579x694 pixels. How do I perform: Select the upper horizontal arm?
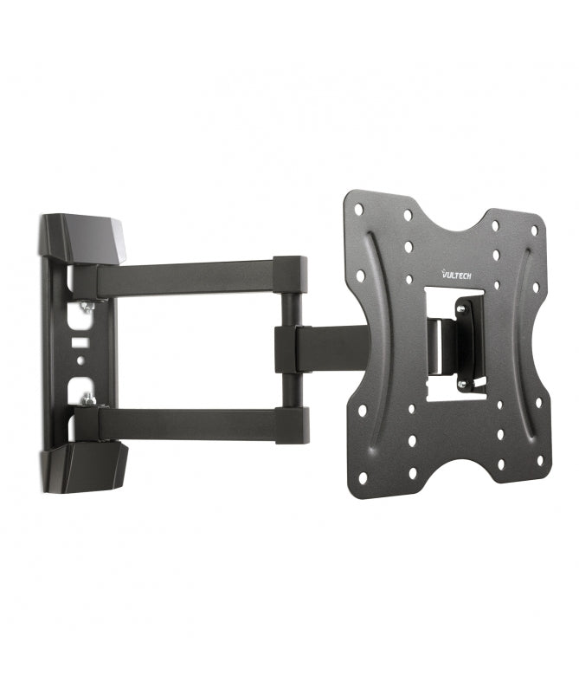coord(186,277)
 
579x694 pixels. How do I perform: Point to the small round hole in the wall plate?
coord(80,358)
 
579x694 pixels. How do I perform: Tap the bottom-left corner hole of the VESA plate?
coord(361,477)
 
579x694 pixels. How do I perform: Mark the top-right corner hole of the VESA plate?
coord(534,230)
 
